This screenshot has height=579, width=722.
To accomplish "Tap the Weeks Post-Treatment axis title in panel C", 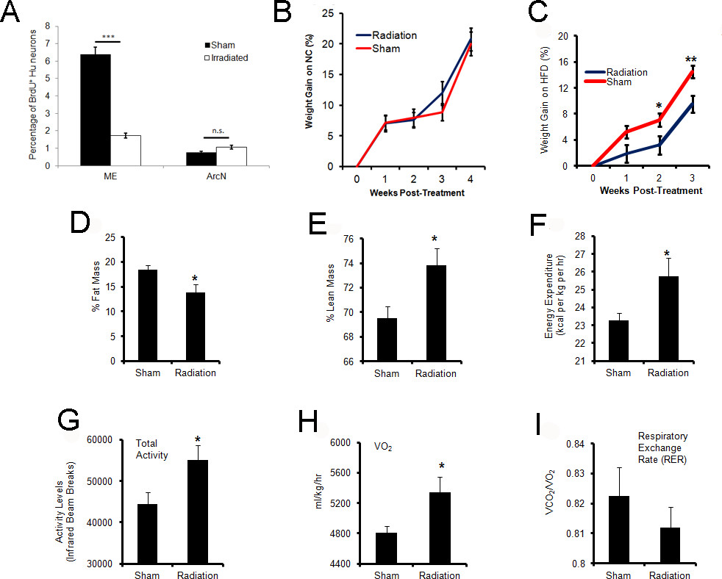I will tap(650, 190).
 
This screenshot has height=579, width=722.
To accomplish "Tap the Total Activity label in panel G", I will tap(152, 450).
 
